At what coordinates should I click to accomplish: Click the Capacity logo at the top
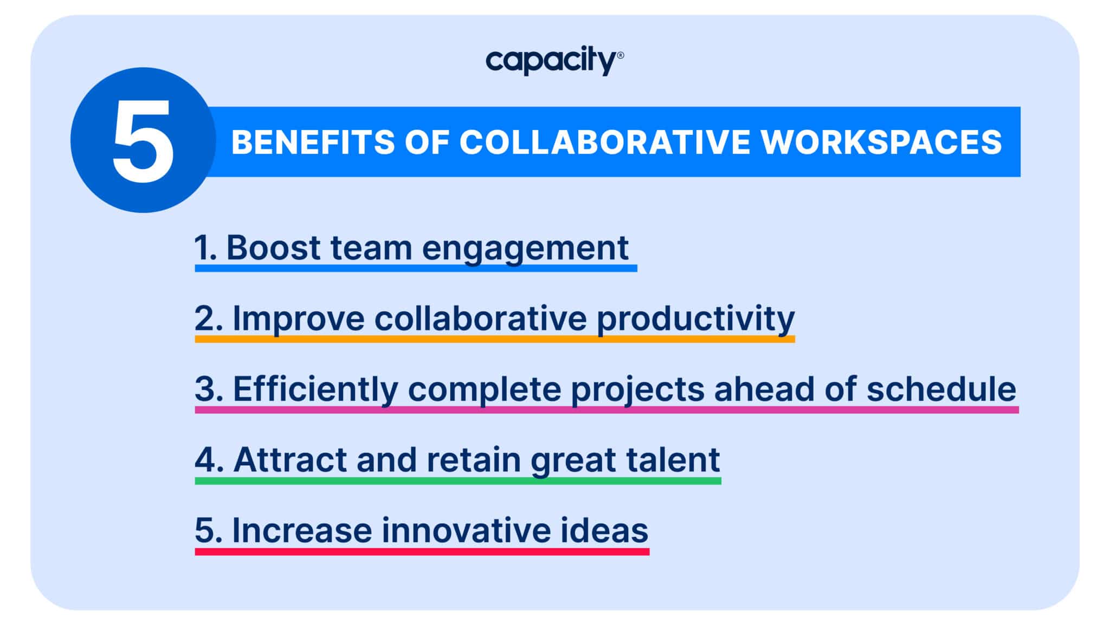click(554, 61)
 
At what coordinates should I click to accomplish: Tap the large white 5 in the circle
click(143, 141)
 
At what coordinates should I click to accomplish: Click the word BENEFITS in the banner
click(313, 142)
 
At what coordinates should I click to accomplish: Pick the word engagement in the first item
click(525, 249)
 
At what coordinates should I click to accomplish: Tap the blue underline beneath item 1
click(416, 268)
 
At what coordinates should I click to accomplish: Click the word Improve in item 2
click(298, 318)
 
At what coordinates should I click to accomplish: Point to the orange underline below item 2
click(494, 339)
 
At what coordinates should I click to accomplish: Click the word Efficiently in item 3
click(315, 389)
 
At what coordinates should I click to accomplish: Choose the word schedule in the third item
click(940, 389)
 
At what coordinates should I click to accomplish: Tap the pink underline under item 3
click(606, 409)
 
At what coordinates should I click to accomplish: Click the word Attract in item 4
click(291, 459)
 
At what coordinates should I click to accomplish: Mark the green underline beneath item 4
click(457, 480)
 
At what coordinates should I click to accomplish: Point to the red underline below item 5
click(422, 551)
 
